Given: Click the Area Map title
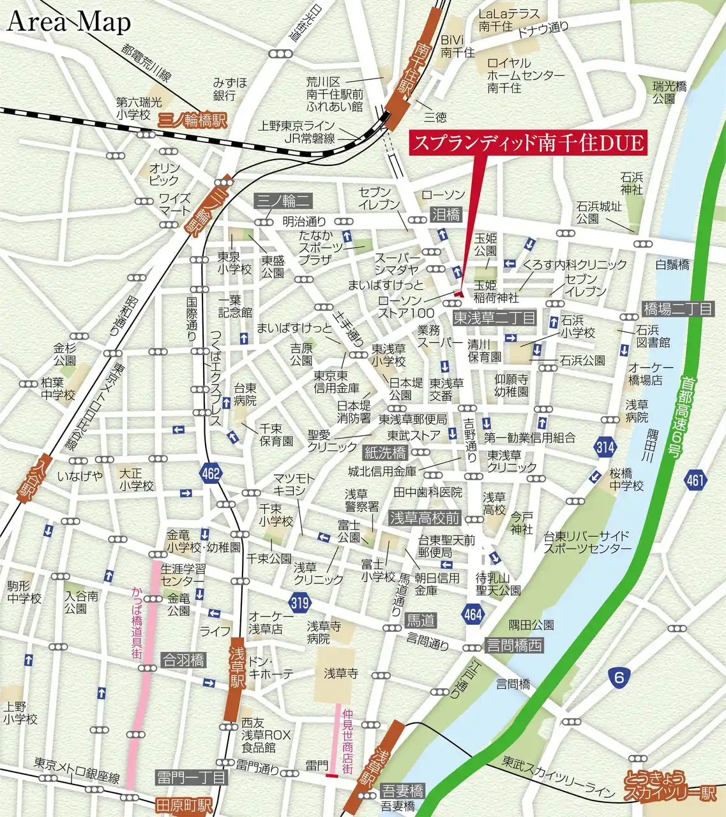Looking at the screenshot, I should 69,22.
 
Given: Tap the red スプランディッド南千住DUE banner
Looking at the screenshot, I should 527,142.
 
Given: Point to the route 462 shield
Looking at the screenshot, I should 210,473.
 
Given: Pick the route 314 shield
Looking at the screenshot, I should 605,447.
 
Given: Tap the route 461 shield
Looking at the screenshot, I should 697,479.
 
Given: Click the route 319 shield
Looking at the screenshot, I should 299,602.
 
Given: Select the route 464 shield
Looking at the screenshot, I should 473,614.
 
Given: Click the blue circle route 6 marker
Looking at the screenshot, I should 619,677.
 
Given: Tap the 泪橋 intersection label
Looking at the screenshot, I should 446,214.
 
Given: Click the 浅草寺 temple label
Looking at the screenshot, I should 341,673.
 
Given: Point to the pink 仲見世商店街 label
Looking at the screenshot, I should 347,742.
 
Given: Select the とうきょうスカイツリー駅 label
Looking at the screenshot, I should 670,786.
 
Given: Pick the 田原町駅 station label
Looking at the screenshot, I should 184,806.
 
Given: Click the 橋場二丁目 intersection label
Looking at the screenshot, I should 677,309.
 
